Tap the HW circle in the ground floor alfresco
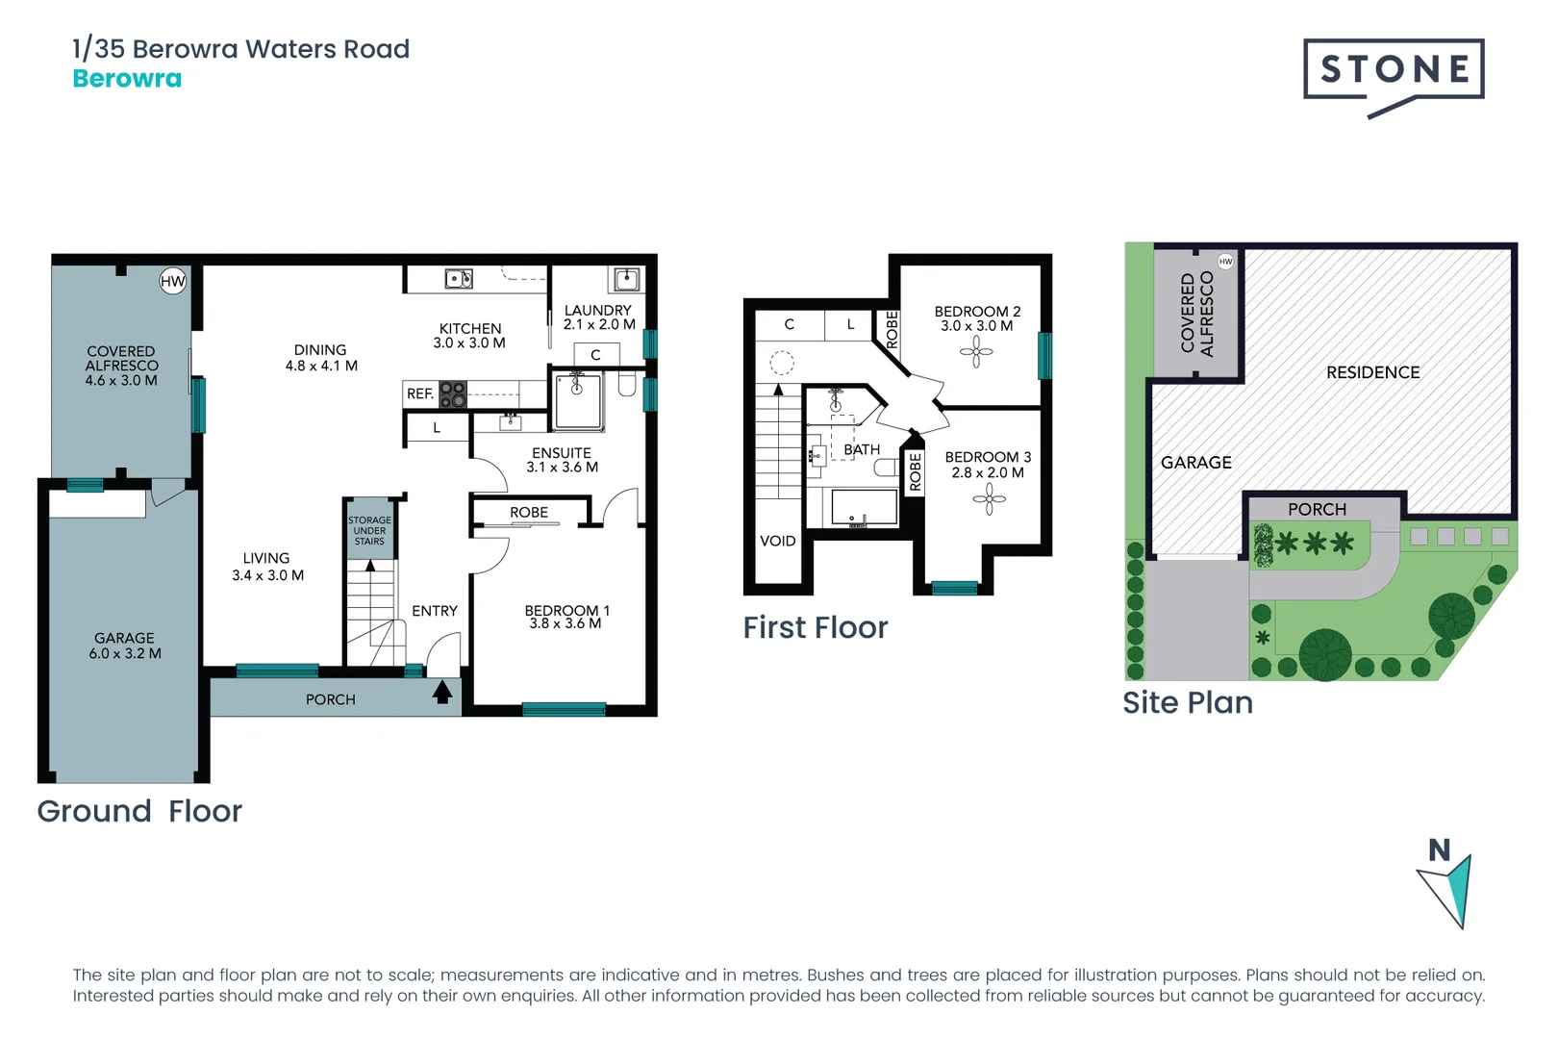tap(172, 281)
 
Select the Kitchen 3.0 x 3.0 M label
tap(469, 336)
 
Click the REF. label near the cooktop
tap(419, 393)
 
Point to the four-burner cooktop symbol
tap(453, 393)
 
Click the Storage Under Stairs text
tap(369, 530)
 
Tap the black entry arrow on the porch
tap(442, 692)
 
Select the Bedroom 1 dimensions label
tap(566, 617)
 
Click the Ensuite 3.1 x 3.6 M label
tap(562, 460)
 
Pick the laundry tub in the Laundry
tap(626, 279)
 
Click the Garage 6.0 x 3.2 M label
tap(124, 646)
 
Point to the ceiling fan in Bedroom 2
tap(976, 353)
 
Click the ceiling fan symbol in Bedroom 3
tap(989, 498)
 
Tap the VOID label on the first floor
tap(777, 541)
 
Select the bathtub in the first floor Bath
tap(863, 508)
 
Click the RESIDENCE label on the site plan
tap(1372, 372)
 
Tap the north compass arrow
tap(1447, 887)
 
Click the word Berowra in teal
tap(127, 79)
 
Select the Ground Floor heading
tap(139, 811)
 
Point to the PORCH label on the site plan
tap(1317, 509)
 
